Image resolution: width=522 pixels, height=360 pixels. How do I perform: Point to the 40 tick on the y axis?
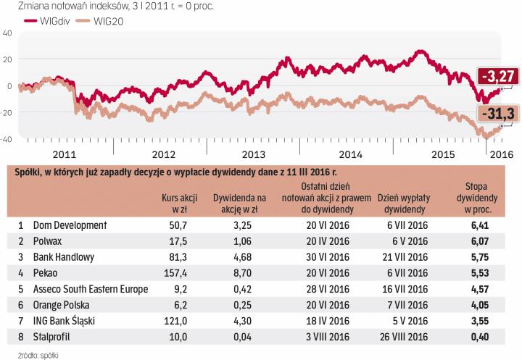[x=7, y=33]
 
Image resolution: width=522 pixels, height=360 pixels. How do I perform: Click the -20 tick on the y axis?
[x=7, y=112]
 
